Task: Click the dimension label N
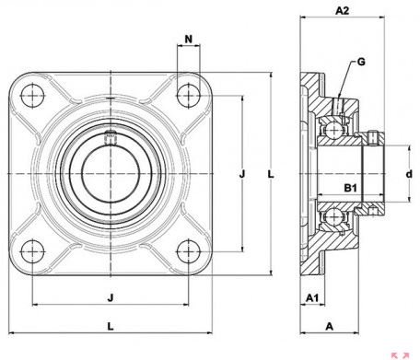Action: (x=189, y=39)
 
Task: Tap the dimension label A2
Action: (x=342, y=11)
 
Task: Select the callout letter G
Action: (x=361, y=62)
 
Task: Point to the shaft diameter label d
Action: (x=409, y=174)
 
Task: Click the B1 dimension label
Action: (x=350, y=188)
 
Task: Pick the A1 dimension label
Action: (x=312, y=297)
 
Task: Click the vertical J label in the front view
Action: (x=242, y=174)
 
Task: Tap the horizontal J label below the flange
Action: (x=111, y=297)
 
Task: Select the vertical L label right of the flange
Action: (x=271, y=174)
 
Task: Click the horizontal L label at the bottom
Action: (x=111, y=326)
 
